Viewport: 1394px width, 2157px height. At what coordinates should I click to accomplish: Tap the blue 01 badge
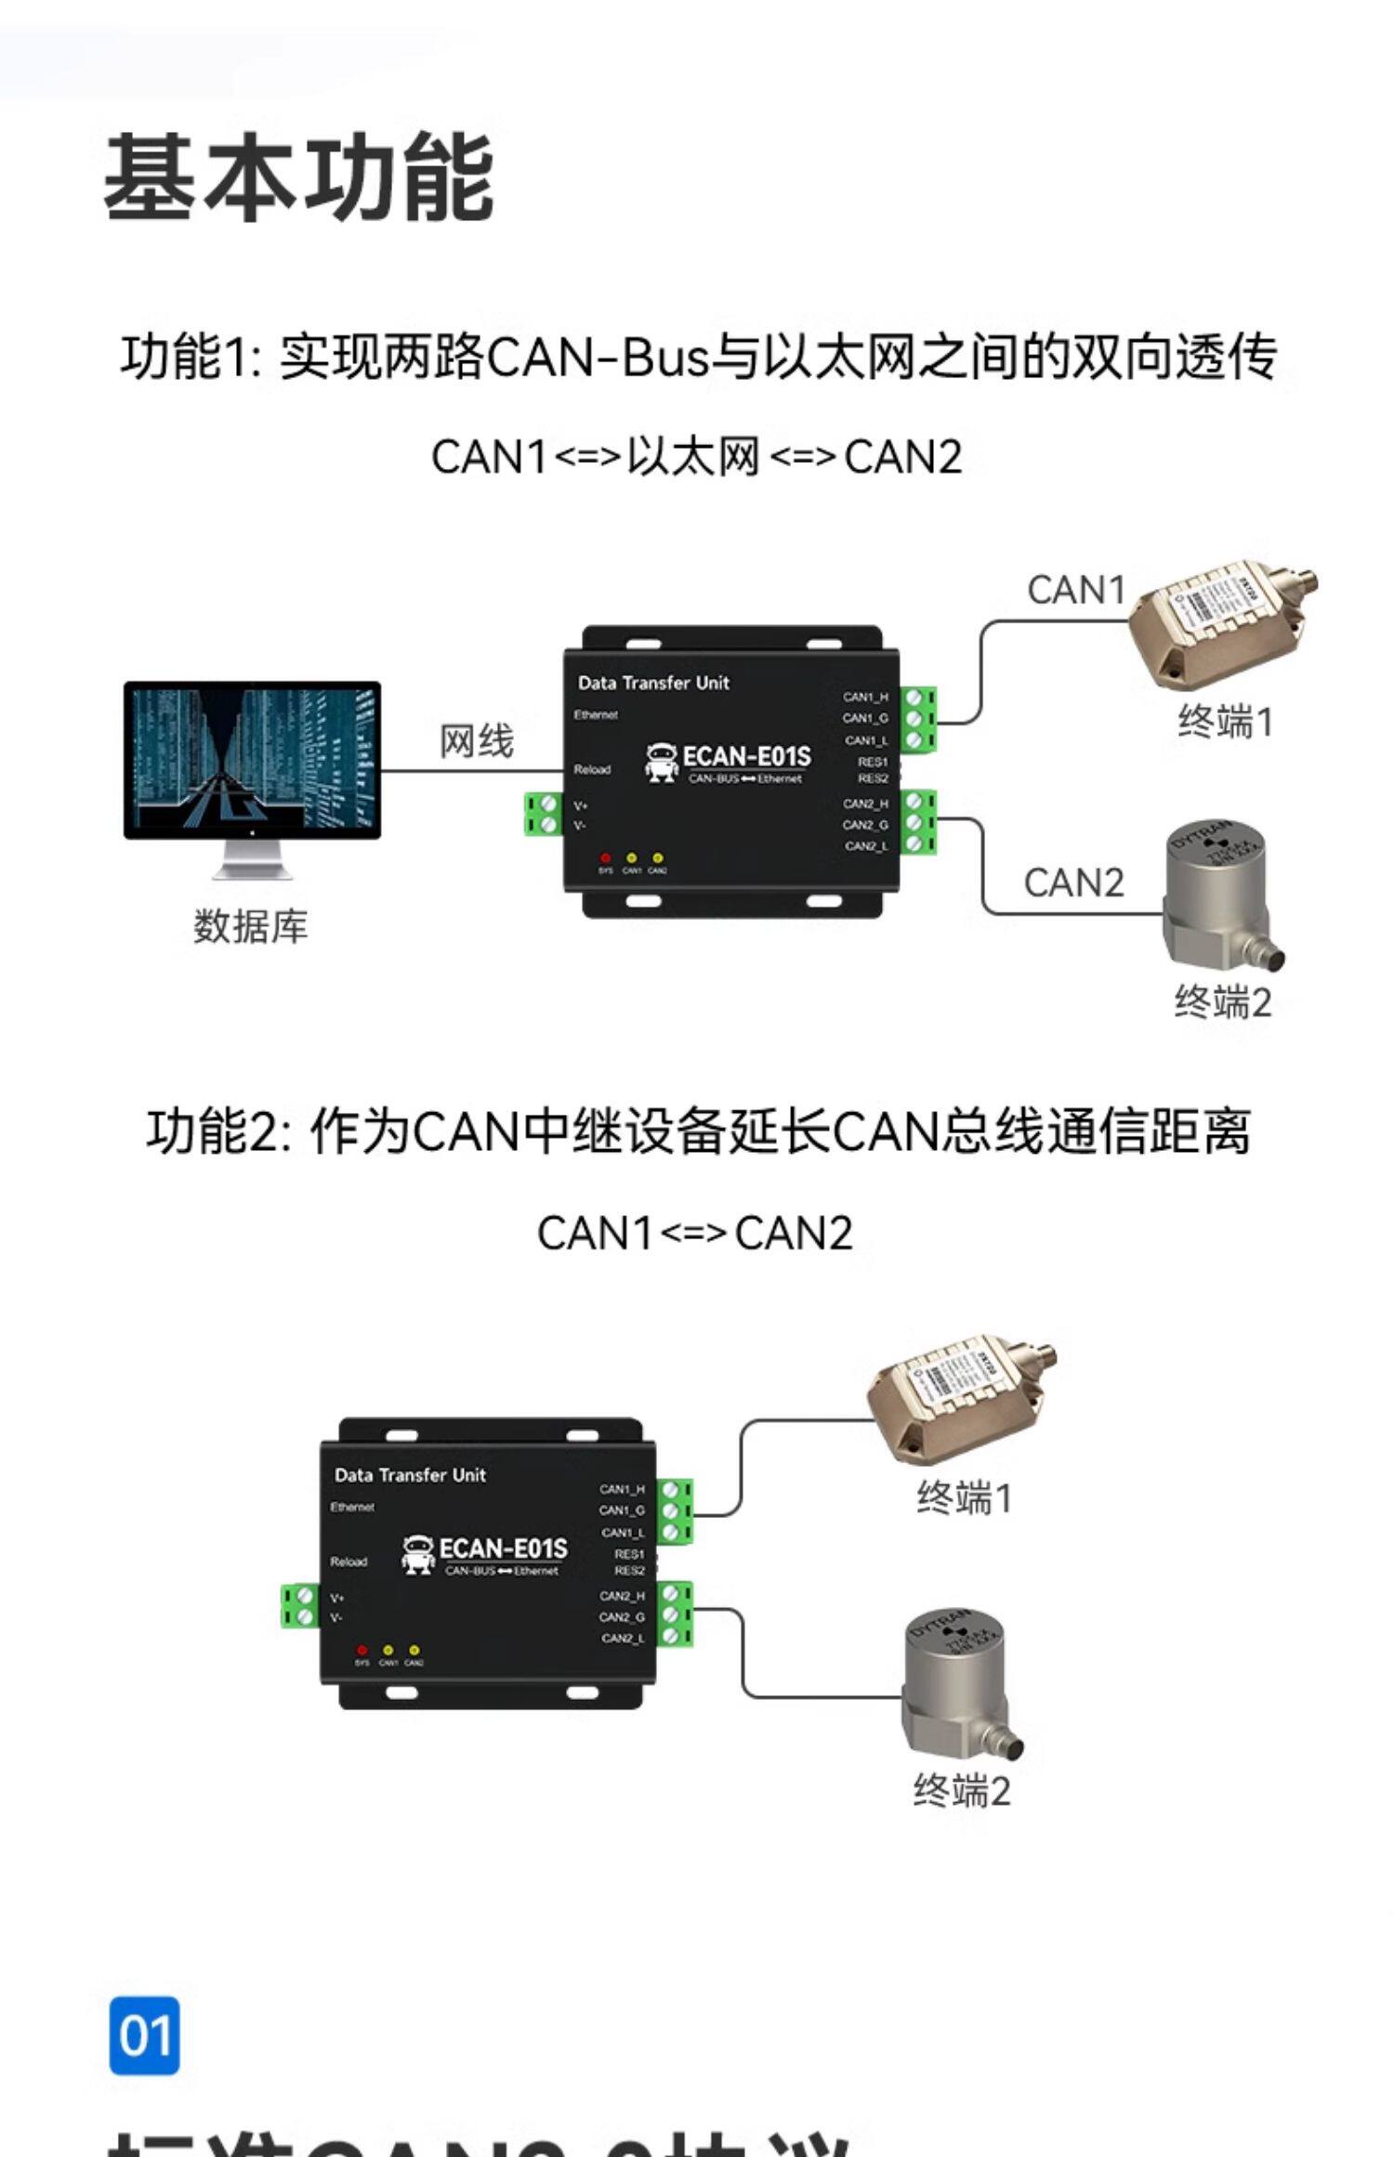pos(144,2034)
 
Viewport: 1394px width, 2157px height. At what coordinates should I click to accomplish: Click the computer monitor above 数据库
pos(252,760)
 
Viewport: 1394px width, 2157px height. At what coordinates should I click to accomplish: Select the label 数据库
pos(250,926)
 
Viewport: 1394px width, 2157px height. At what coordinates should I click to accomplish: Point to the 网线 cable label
pos(476,741)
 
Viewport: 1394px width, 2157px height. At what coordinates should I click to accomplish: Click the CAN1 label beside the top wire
pos(1075,590)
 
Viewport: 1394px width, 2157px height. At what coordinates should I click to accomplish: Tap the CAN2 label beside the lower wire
pos(1073,882)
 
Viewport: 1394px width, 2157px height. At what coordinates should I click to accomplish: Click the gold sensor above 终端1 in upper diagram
pos(1217,622)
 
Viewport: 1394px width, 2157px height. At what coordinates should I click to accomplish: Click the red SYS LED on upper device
pos(605,857)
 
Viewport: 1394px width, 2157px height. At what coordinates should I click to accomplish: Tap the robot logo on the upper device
pos(662,762)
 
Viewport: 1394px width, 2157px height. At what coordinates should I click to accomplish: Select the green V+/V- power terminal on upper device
pos(542,815)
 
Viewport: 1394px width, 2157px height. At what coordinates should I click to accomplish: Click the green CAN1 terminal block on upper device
pos(917,719)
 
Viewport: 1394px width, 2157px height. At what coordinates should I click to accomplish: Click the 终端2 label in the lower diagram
pos(961,1790)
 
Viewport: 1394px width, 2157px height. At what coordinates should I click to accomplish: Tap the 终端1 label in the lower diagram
pos(964,1497)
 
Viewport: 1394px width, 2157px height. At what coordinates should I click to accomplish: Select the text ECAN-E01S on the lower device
pos(503,1549)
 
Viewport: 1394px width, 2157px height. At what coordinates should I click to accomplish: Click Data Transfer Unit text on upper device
pos(653,683)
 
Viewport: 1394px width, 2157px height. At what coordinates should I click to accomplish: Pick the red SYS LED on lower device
pos(362,1650)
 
